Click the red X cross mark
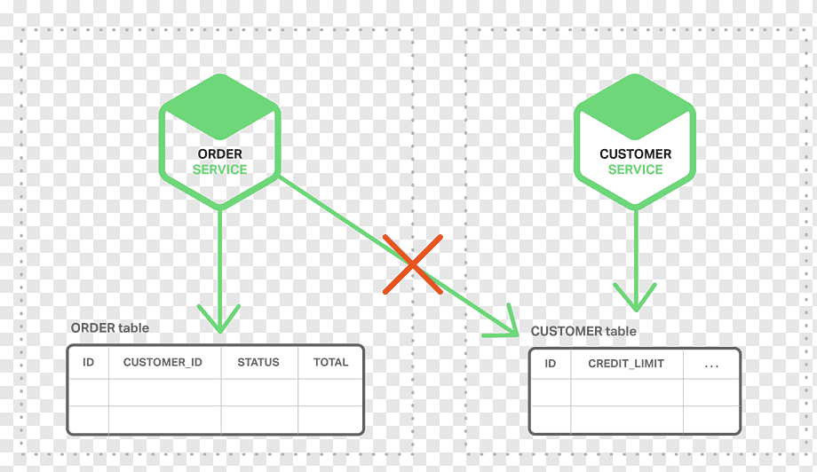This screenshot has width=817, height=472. tap(413, 264)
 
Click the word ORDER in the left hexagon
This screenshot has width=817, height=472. tap(220, 154)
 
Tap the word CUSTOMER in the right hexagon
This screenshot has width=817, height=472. tap(635, 154)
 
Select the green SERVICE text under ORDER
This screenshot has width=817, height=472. tap(220, 169)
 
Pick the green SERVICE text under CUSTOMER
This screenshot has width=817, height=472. tap(635, 169)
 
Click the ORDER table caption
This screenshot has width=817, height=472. tap(110, 328)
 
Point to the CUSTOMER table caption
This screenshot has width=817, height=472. tap(583, 331)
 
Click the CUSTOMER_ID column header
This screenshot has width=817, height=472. tap(163, 362)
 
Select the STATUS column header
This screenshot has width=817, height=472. tap(258, 362)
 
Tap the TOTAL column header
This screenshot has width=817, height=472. tap(331, 362)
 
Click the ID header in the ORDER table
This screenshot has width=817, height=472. tap(89, 362)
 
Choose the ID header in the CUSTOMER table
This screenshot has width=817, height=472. tap(551, 364)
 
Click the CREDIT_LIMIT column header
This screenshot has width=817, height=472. tap(626, 364)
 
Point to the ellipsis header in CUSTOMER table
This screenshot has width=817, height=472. tap(711, 366)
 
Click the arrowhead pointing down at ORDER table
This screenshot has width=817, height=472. tap(219, 319)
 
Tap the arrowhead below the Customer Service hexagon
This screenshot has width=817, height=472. tap(635, 297)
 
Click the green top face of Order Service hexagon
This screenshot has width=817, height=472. tap(220, 106)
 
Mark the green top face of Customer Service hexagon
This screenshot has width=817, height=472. tap(635, 106)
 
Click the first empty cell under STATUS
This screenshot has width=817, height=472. tap(259, 392)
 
